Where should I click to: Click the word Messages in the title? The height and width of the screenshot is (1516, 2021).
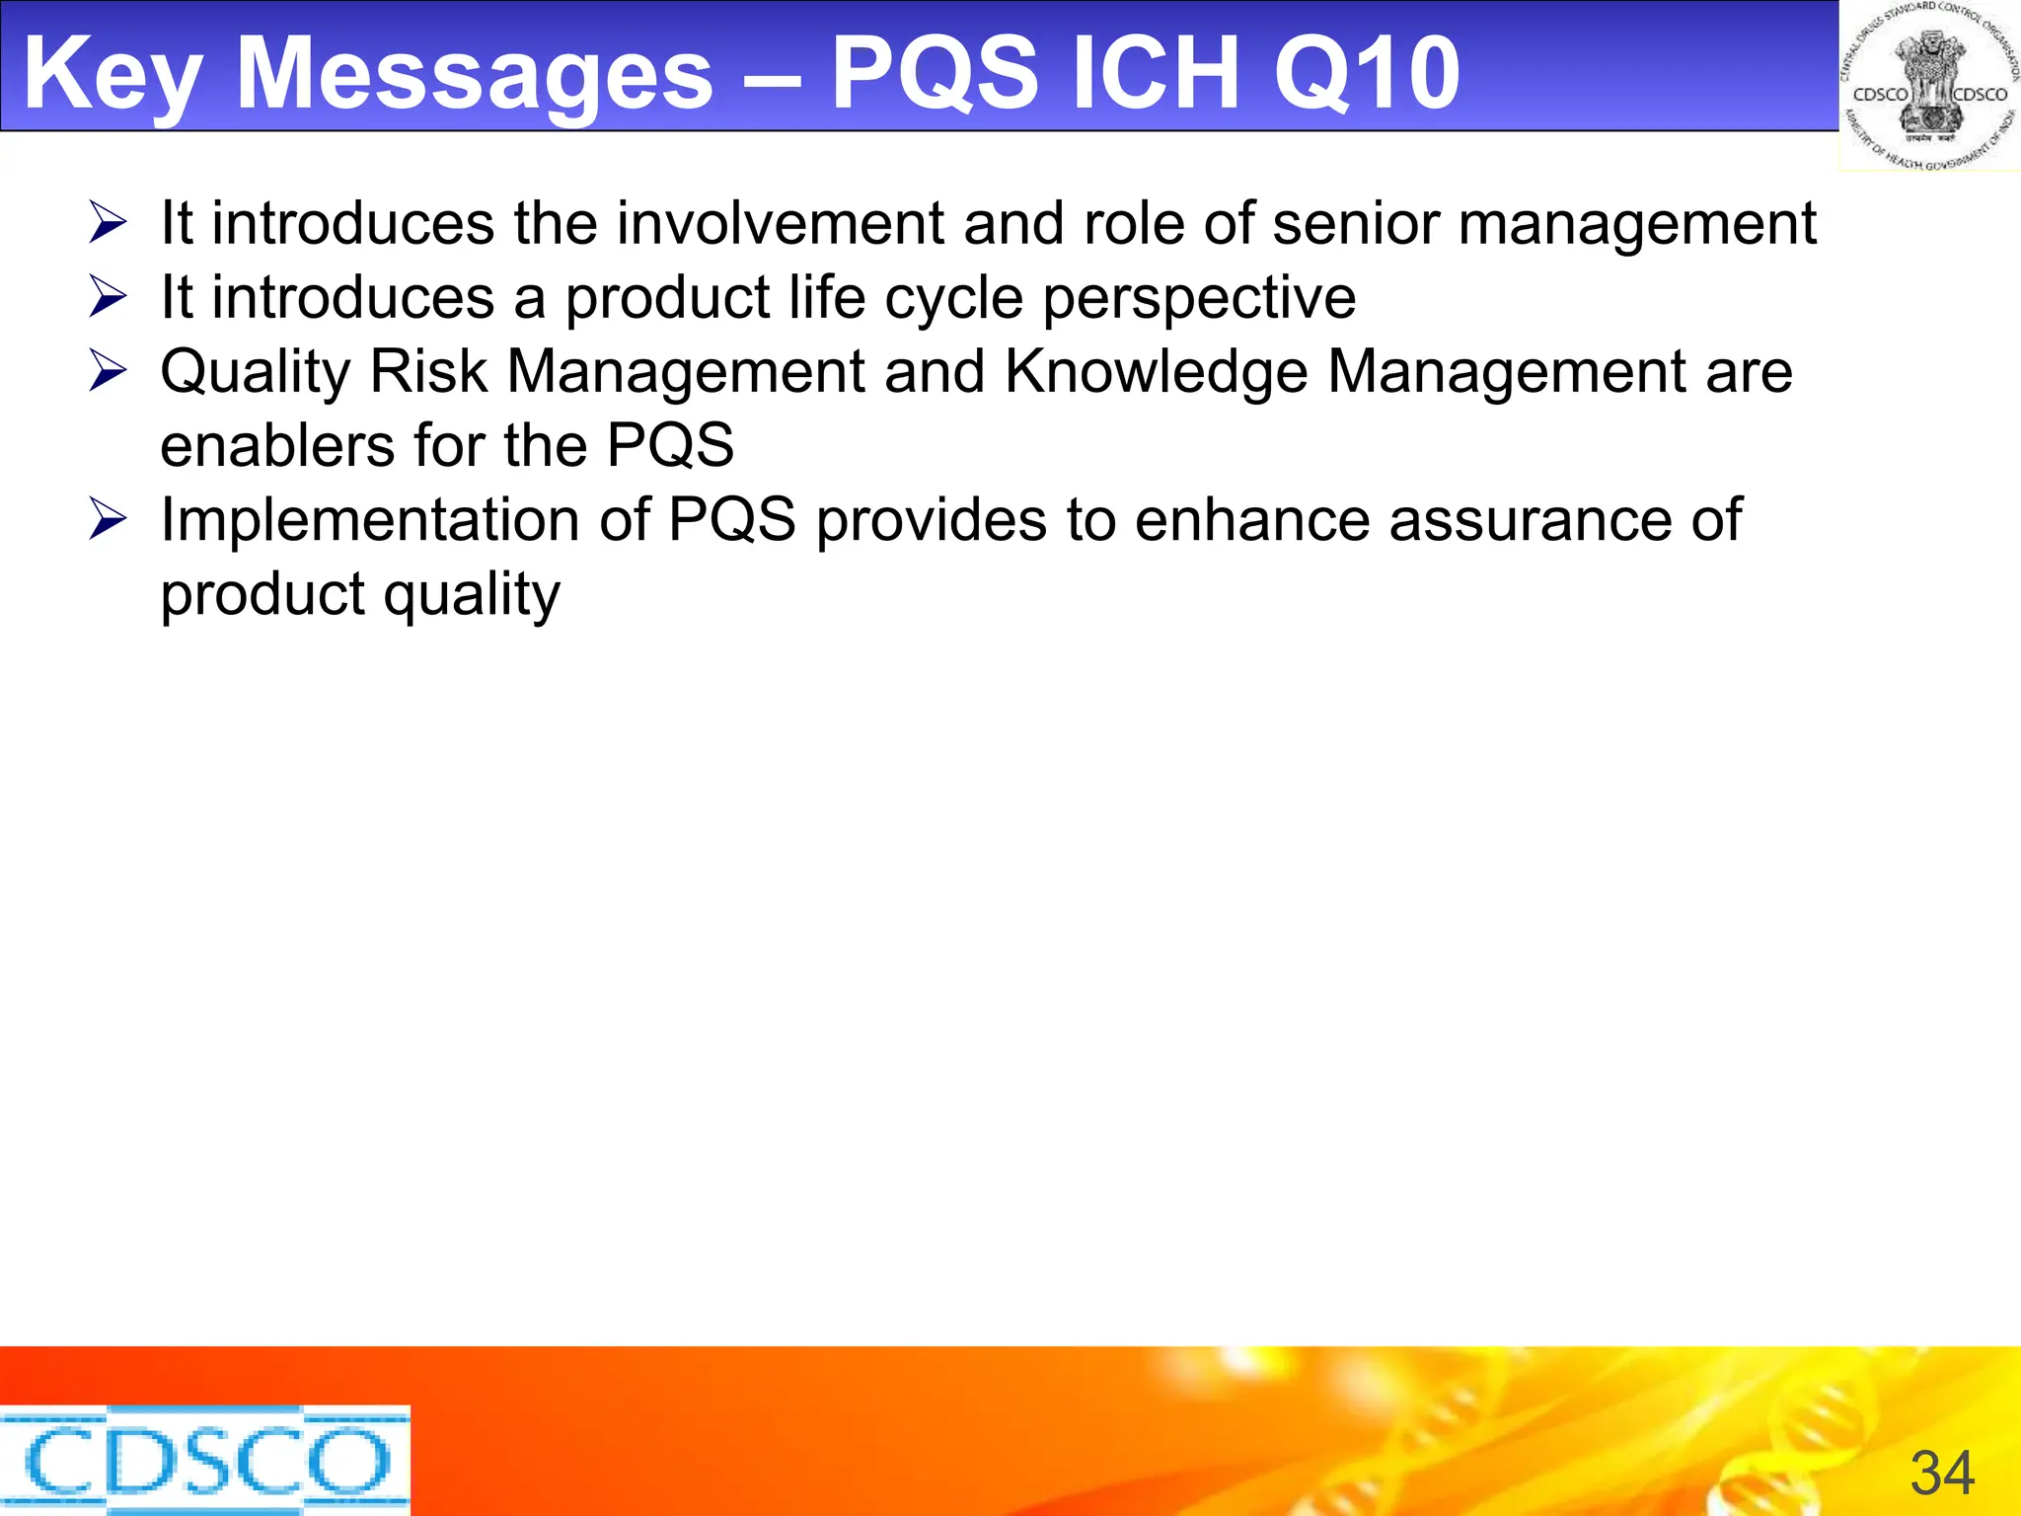click(475, 73)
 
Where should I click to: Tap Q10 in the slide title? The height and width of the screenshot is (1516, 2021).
click(1367, 73)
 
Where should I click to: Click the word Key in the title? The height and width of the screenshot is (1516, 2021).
click(113, 75)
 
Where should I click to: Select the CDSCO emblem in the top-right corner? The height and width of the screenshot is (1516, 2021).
click(1929, 87)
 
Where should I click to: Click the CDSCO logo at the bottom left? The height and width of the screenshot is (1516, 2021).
click(204, 1460)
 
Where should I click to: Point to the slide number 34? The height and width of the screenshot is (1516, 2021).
click(1942, 1474)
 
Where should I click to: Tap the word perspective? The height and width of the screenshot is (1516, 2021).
click(1199, 299)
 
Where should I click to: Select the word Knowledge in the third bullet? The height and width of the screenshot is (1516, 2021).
click(1156, 373)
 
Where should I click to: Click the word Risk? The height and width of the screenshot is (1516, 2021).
click(428, 373)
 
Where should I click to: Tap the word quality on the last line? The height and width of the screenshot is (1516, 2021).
click(472, 595)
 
